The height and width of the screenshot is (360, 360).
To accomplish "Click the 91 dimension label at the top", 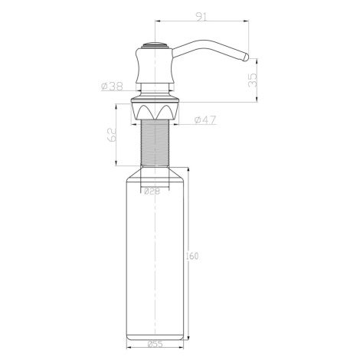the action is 201,17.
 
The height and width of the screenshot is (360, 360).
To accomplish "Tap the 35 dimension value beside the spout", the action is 252,80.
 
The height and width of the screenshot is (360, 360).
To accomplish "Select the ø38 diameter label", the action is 112,87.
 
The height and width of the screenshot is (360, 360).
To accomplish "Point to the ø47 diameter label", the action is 205,119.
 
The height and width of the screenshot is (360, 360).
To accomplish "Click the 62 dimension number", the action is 112,135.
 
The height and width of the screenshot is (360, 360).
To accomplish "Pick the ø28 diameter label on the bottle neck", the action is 152,191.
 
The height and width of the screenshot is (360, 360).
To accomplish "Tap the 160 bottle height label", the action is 192,256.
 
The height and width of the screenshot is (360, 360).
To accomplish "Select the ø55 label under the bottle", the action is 155,344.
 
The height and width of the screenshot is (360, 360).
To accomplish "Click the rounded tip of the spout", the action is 246,57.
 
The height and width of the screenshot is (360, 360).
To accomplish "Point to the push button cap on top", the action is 155,45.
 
